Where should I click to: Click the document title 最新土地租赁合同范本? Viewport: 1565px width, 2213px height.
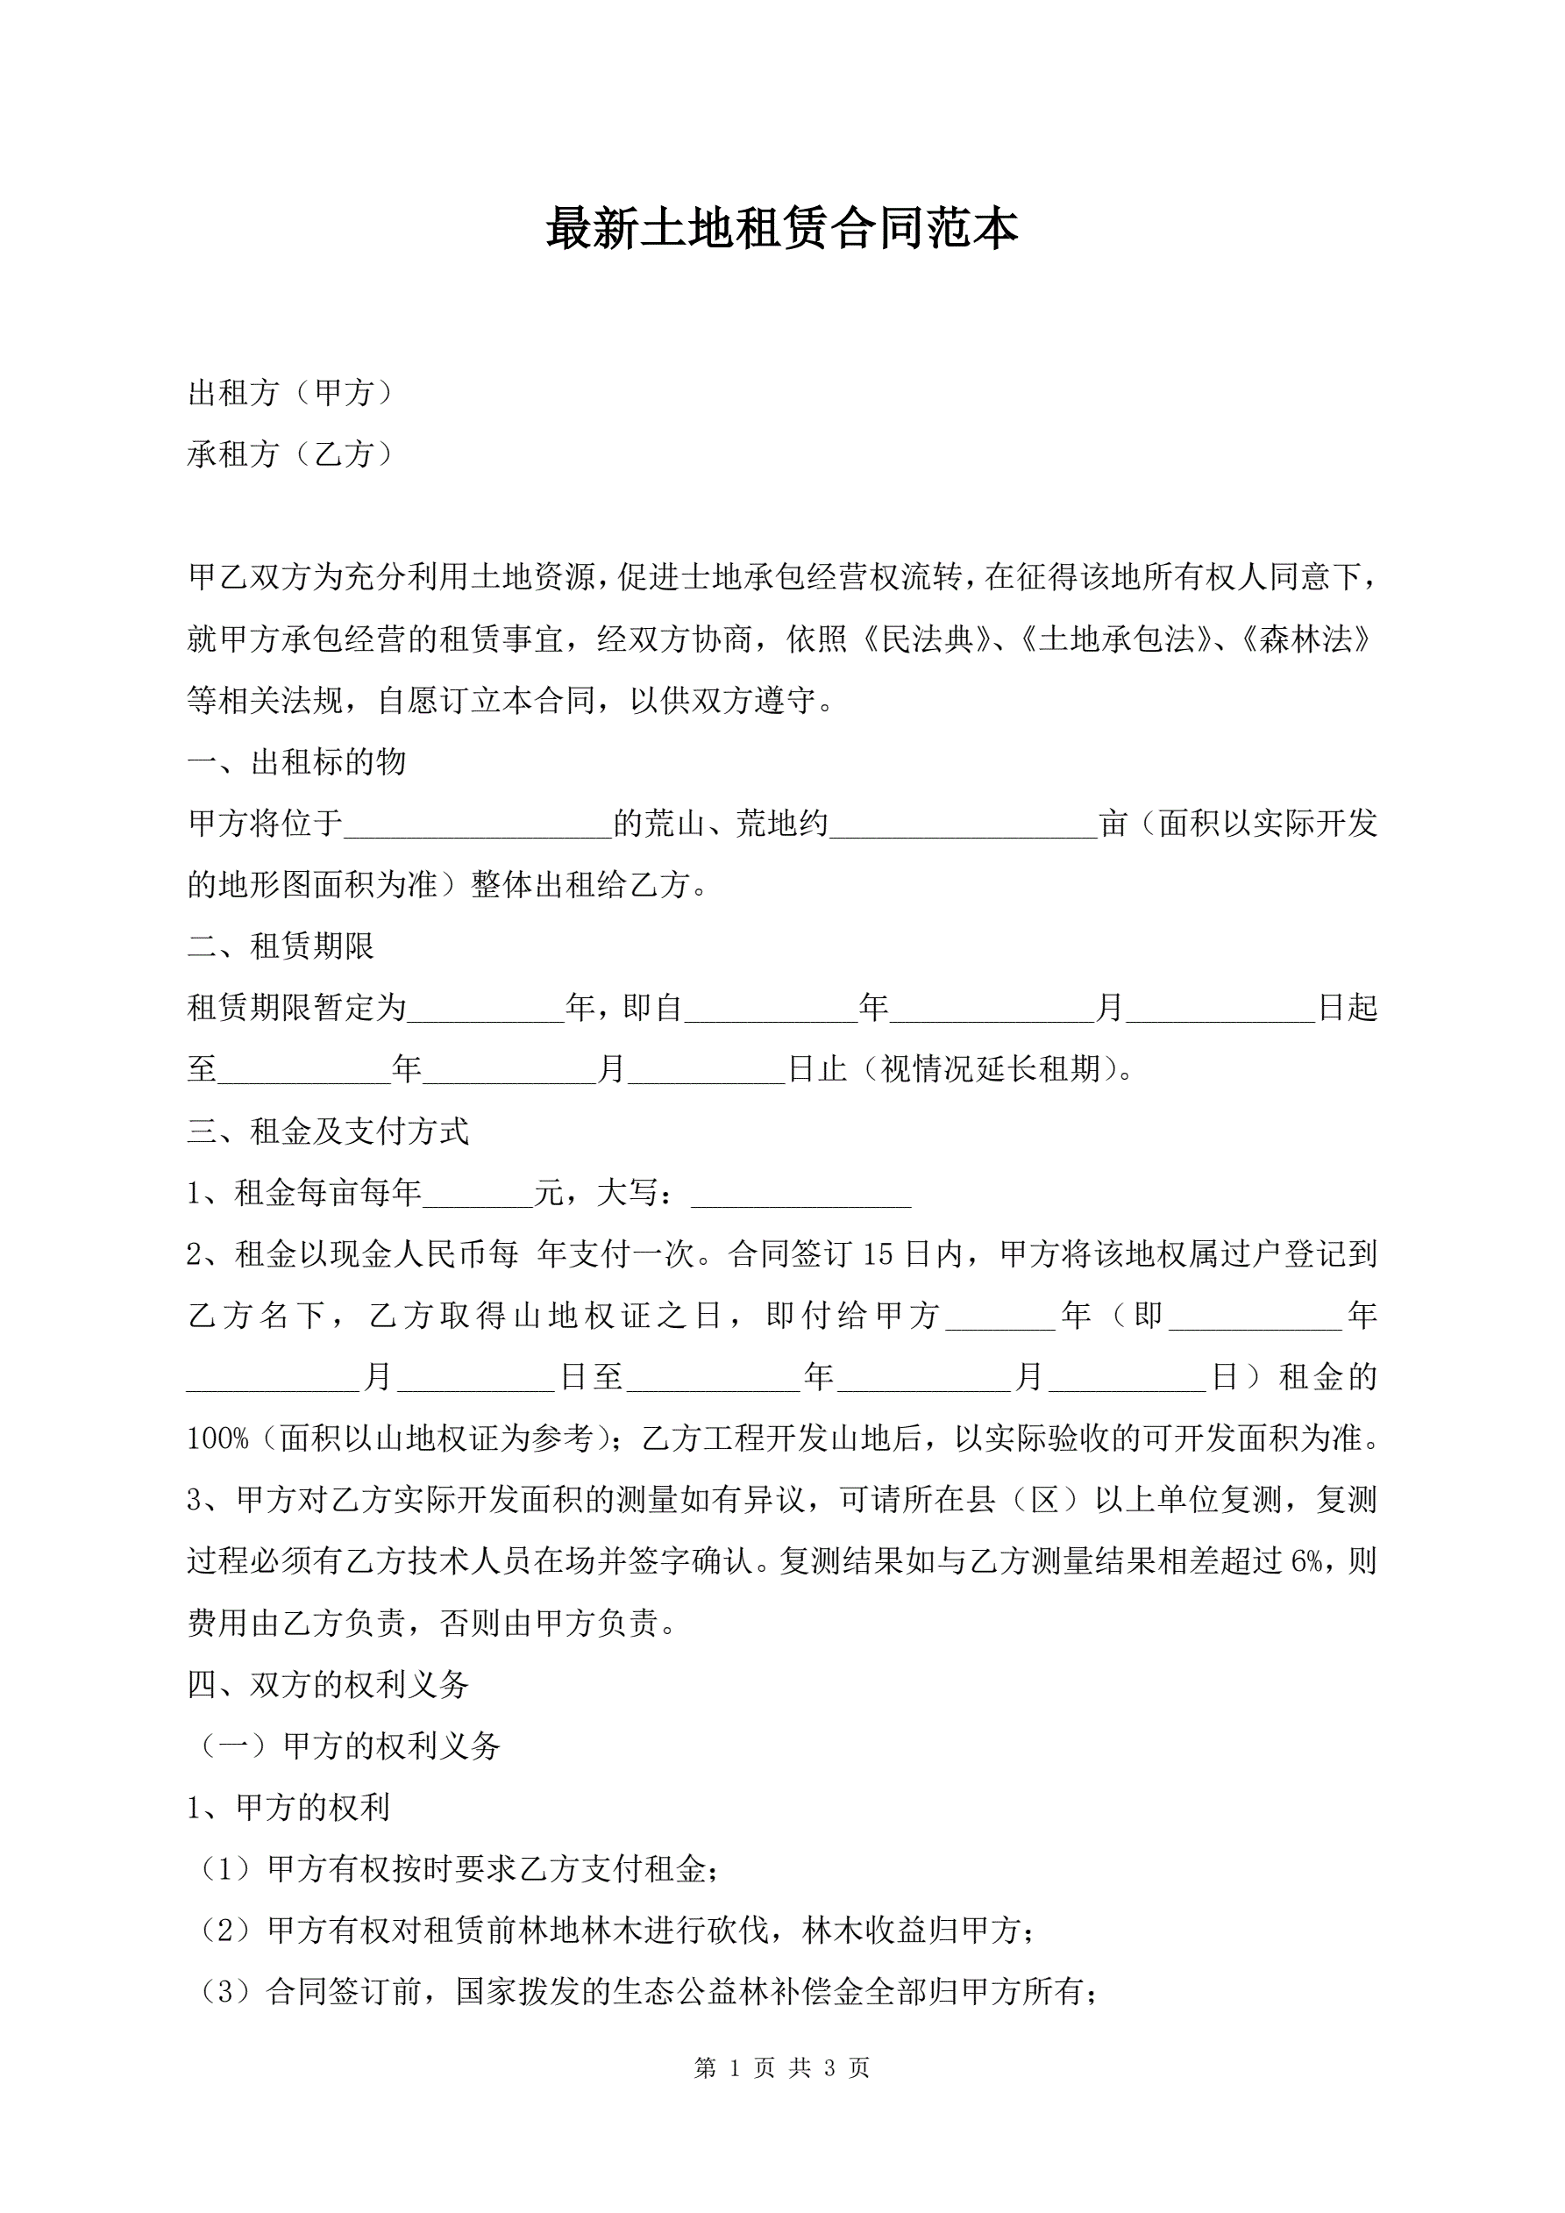tap(781, 230)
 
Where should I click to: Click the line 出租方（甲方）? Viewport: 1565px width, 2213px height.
tap(290, 392)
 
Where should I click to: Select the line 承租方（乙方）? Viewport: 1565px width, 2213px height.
tap(290, 454)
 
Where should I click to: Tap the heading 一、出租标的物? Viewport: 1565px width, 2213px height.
tap(297, 761)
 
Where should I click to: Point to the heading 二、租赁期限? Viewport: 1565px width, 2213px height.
tap(281, 946)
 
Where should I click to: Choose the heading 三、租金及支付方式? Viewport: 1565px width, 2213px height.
tap(328, 1131)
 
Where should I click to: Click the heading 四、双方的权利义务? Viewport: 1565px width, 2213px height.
tap(328, 1684)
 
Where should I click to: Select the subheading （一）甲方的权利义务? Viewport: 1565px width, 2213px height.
tap(348, 1745)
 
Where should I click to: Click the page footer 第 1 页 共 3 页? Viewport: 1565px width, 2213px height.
tap(781, 2067)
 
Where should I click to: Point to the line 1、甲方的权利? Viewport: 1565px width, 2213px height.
tap(288, 1807)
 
